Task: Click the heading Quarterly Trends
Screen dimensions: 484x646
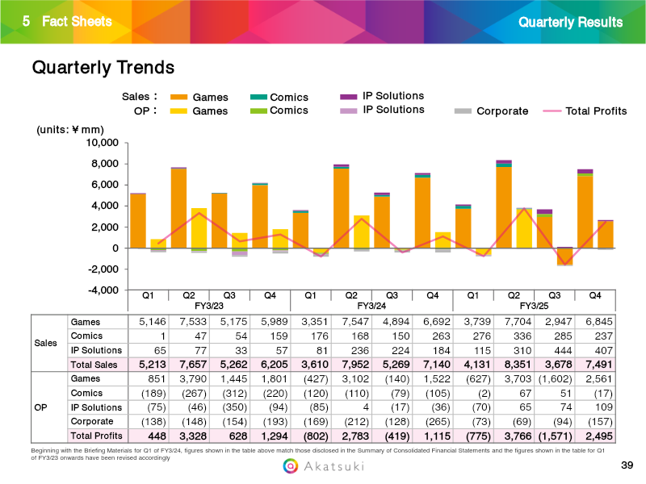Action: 103,67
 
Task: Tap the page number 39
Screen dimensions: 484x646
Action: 627,465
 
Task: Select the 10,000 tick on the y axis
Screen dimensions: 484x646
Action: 103,143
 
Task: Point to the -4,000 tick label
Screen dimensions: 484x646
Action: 103,290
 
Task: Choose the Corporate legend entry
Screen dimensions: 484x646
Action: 501,111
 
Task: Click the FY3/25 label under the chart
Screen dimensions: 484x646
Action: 533,307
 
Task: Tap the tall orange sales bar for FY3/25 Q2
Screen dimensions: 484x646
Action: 504,207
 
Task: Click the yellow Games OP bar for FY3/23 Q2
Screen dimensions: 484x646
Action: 199,227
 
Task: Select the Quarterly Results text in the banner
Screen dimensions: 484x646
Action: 571,22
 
